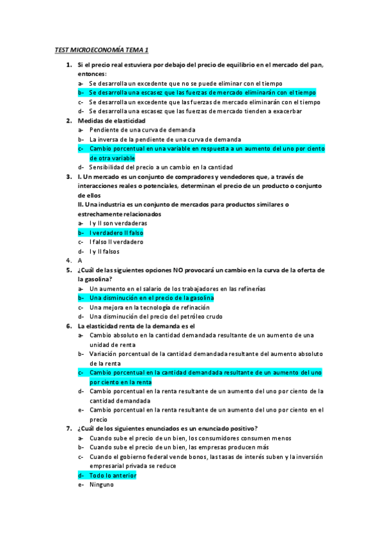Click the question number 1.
pos(68,65)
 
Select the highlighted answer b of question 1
pos(202,93)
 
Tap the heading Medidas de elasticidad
pos(111,120)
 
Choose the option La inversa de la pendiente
pos(165,139)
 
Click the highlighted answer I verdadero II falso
pos(116,233)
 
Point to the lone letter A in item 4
pos(80,261)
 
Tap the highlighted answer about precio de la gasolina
pos(151,298)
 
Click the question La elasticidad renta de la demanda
pos(136,326)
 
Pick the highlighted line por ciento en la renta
pos(120,382)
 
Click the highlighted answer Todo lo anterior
pos(113,476)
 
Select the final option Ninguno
pos(101,484)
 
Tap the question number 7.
pos(68,428)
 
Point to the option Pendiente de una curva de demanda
pos(142,130)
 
